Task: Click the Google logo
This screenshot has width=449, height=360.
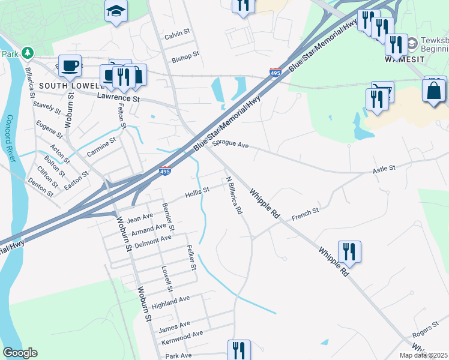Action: coord(20,353)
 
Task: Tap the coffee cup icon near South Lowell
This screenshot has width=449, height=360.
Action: coord(70,65)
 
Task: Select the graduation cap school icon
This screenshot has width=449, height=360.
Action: coord(115,10)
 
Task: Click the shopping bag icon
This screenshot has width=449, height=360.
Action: coord(434,91)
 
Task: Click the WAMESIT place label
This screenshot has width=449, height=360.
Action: coord(405,59)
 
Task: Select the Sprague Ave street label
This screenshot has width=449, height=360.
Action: coord(231,145)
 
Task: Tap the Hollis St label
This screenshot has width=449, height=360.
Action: coord(197,193)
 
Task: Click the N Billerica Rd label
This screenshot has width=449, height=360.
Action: coord(234,196)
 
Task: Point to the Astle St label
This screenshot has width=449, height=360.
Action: coord(384,170)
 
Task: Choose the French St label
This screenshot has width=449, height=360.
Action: coord(305,214)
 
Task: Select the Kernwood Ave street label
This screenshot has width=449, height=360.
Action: coord(182,338)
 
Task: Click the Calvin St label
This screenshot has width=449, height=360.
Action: coord(177,35)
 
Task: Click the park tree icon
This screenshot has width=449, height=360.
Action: coord(28,53)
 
